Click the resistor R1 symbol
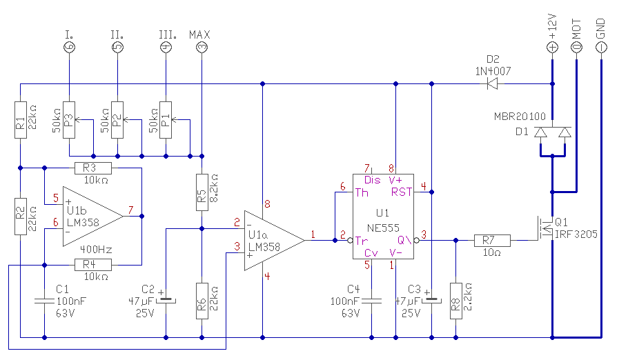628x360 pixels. point(21,120)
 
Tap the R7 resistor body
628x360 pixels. point(492,240)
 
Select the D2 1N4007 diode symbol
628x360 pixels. point(492,83)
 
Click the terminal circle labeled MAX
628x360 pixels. point(202,48)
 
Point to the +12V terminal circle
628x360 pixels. point(552,48)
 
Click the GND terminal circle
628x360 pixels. point(601,48)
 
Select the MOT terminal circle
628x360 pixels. point(576,48)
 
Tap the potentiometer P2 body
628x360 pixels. point(117,120)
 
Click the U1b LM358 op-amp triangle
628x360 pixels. point(93,217)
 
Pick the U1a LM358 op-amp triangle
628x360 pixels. point(275,240)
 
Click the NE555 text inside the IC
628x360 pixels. point(383,228)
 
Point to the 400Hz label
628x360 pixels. point(96,250)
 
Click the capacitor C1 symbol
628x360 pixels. point(44,301)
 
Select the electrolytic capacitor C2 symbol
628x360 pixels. point(166,300)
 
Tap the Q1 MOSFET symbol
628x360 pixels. point(545,228)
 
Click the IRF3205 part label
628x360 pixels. point(576,234)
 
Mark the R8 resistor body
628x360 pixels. point(455,301)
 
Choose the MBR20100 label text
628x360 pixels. point(520,117)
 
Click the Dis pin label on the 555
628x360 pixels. point(372,180)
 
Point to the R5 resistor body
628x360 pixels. point(202,192)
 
